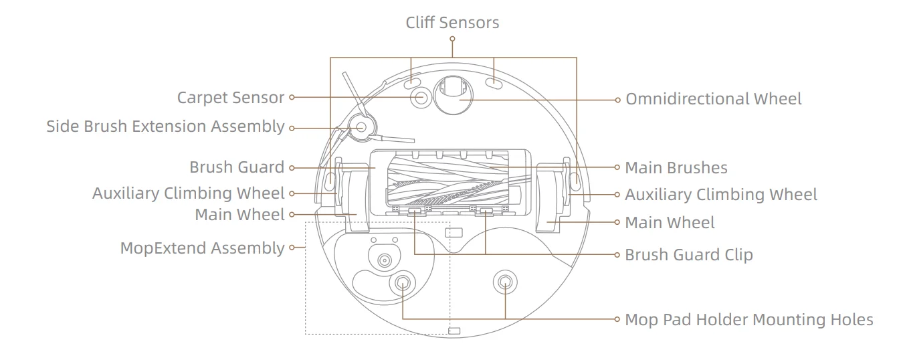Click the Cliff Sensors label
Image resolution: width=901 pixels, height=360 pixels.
[452, 22]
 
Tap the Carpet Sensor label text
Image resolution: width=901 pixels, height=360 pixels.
[231, 98]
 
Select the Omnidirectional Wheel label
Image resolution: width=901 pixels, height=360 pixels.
[713, 99]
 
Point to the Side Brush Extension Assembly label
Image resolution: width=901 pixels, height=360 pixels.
[165, 126]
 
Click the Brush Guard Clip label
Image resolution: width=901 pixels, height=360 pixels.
[688, 255]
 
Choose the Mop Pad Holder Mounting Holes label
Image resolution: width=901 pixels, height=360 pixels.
[748, 319]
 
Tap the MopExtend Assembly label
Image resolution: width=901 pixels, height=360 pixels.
[202, 248]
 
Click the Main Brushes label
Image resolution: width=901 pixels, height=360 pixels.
[676, 167]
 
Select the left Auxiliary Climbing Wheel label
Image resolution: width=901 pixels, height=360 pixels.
[188, 194]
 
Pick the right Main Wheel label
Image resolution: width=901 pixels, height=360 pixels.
[670, 222]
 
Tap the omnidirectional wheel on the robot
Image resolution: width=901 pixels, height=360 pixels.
[453, 94]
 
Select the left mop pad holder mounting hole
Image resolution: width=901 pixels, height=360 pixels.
[403, 283]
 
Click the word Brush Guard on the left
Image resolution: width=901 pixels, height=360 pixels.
[237, 167]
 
